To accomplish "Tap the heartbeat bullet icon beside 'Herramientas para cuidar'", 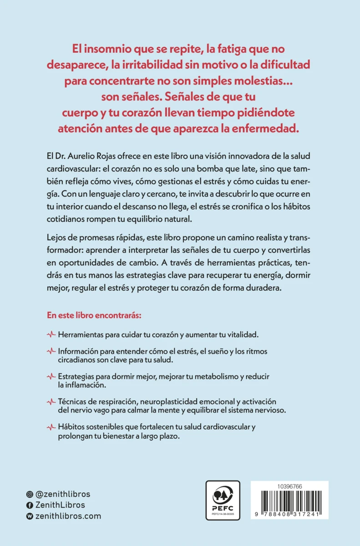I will coord(51,334).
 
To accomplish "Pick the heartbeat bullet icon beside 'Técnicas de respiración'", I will coord(51,402).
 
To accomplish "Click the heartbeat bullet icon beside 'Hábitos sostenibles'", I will coord(51,427).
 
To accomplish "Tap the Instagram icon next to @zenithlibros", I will coord(30,494).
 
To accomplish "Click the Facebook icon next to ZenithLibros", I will coord(30,505).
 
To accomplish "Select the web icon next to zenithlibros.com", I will coord(30,516).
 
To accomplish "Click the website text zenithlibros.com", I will coord(68,516).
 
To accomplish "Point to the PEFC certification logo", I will coord(223,500).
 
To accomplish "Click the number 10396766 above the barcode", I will coord(289,487).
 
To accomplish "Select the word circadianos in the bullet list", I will coord(77,359).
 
